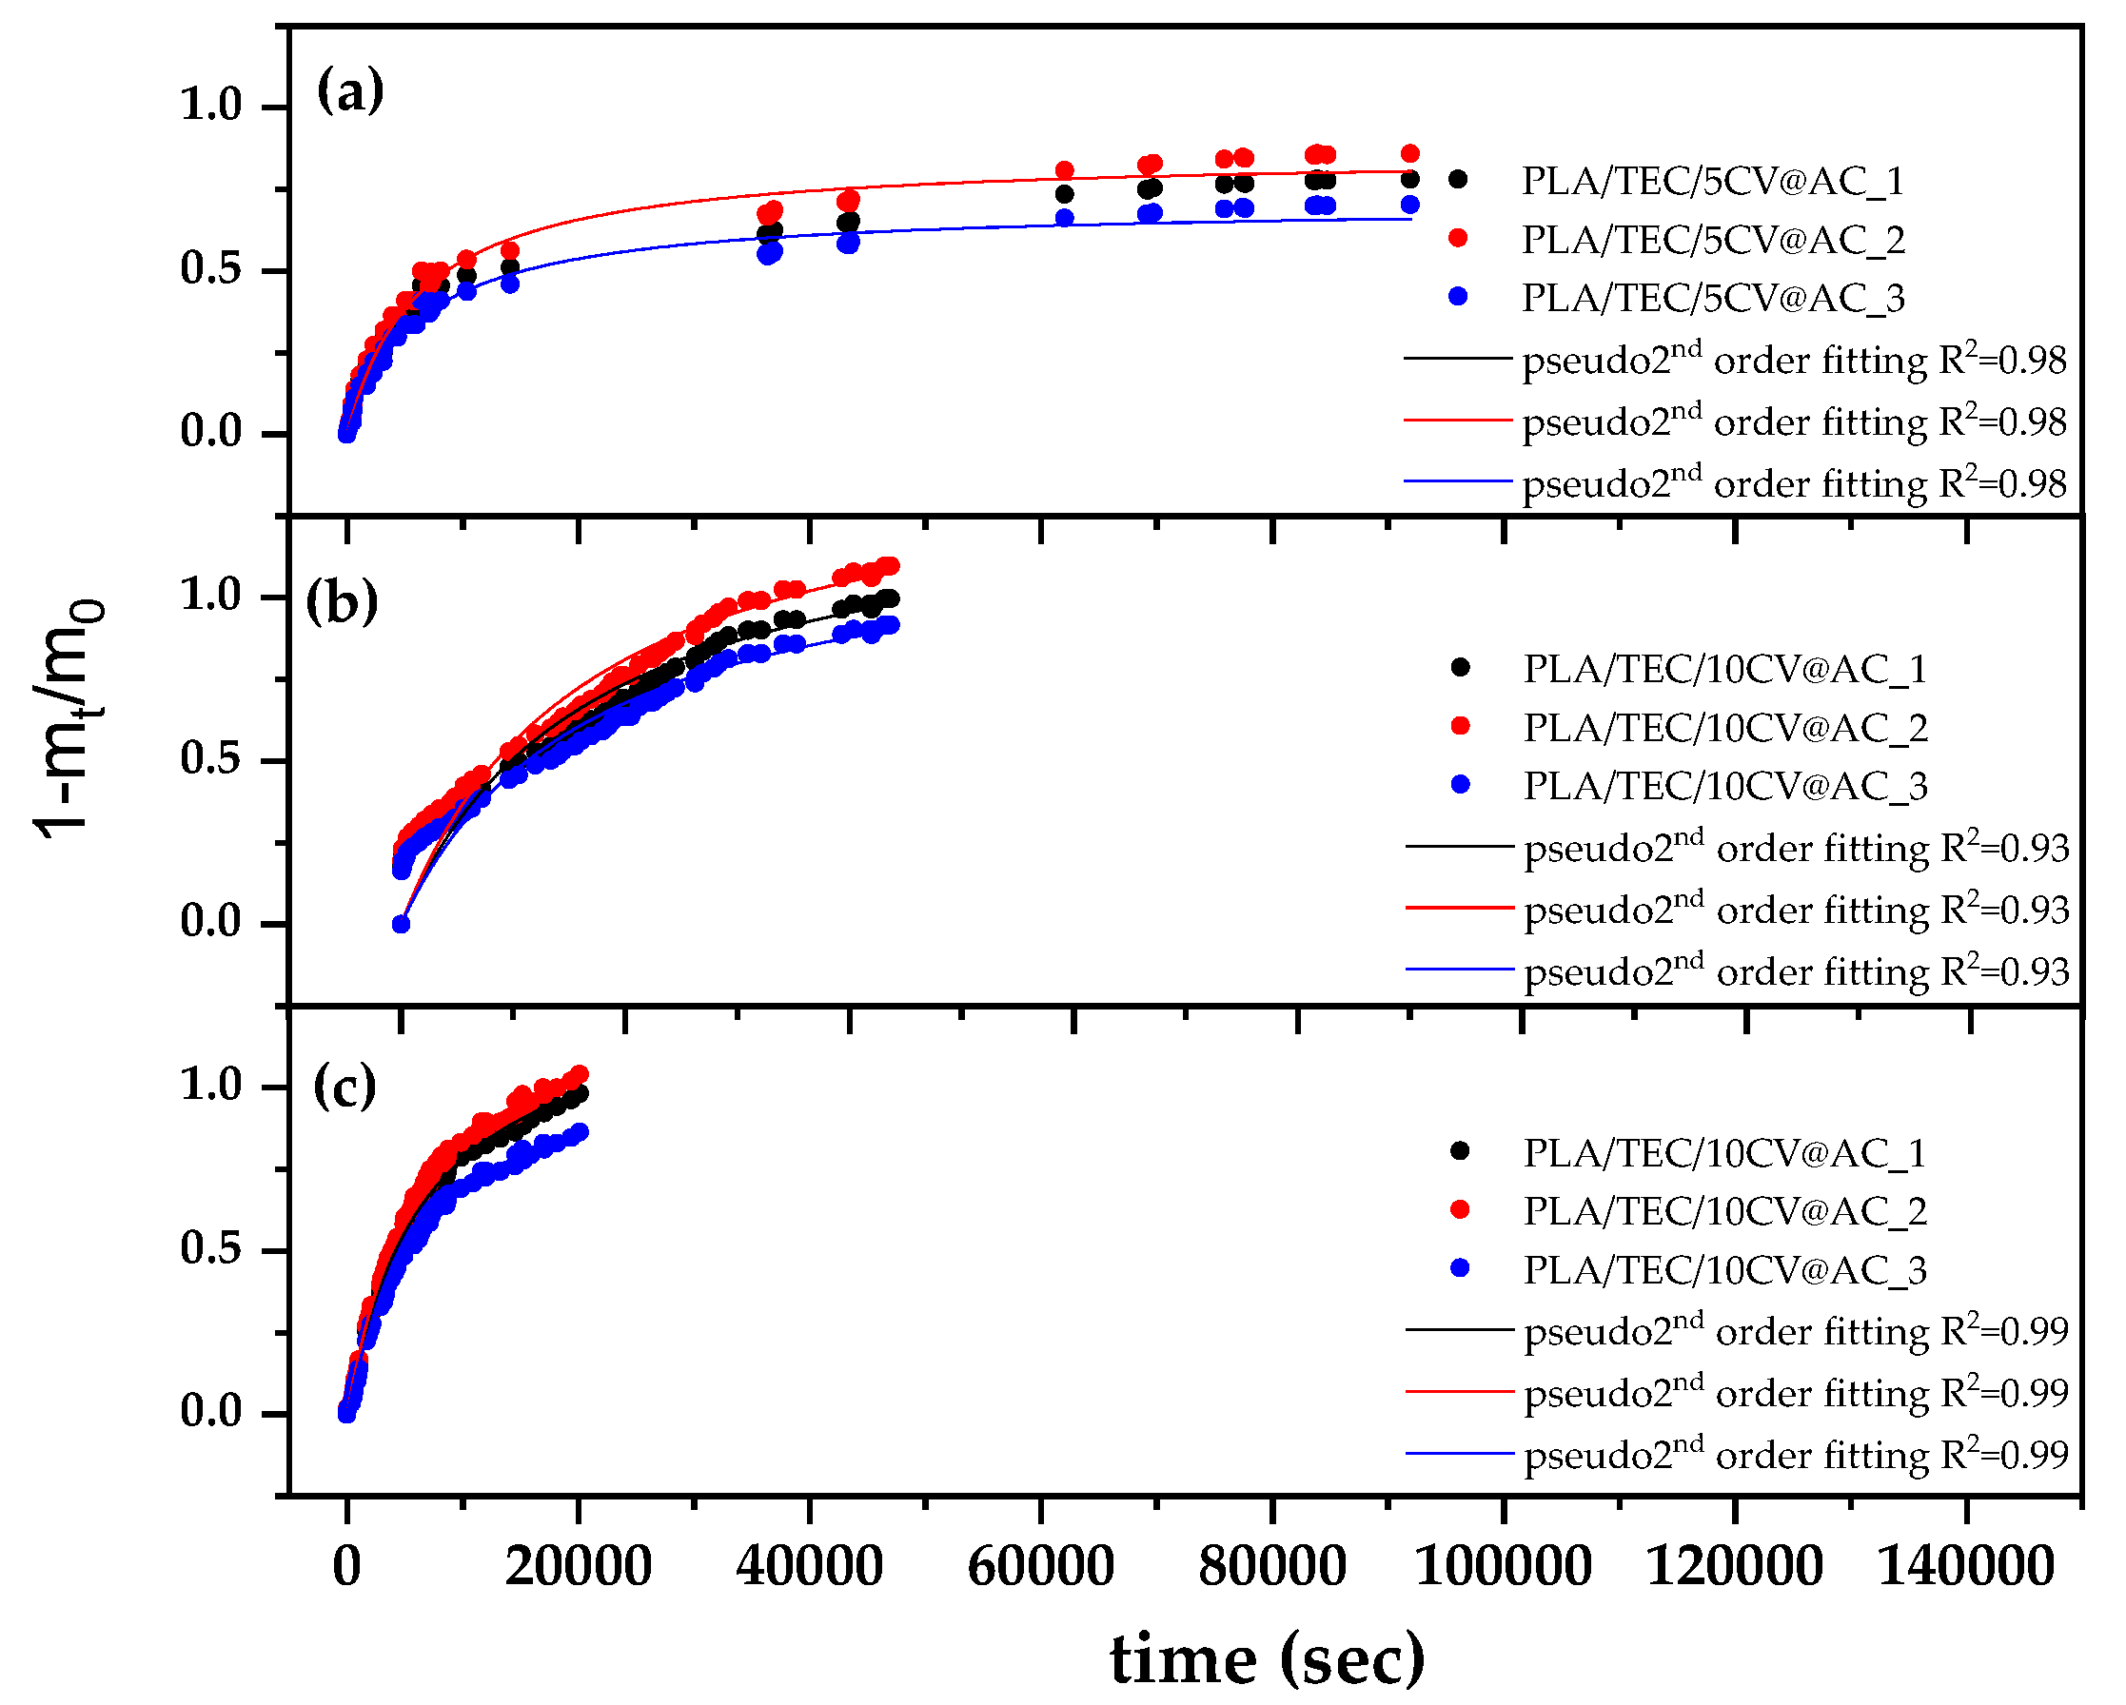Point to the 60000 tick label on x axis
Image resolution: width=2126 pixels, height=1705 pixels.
(x=1040, y=1565)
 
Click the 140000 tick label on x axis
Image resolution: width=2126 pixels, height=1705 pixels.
(x=1965, y=1565)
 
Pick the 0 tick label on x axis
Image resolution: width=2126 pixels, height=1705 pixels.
(x=346, y=1565)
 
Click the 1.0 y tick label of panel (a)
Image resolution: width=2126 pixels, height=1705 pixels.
(x=210, y=105)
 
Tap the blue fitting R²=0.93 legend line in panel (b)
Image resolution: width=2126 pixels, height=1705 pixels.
(x=1459, y=970)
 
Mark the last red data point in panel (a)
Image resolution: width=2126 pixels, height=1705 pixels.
(x=1409, y=153)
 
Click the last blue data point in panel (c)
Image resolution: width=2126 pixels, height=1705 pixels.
(x=580, y=1132)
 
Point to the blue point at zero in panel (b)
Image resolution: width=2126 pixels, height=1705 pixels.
(x=401, y=924)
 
